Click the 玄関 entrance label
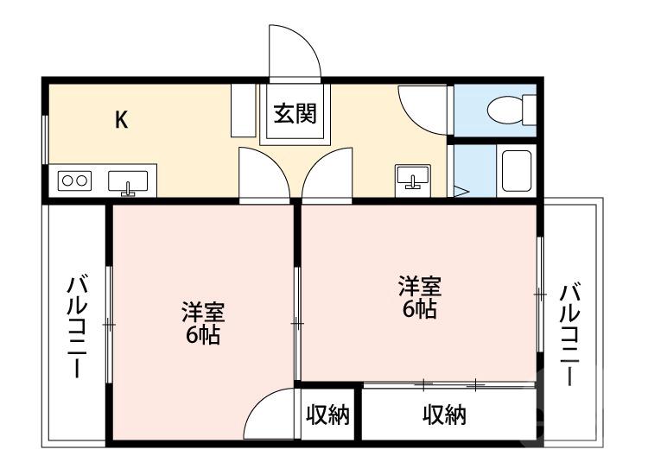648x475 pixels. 295,114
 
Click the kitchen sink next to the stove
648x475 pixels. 128,182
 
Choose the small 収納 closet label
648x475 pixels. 328,415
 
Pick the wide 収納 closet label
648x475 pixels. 444,415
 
